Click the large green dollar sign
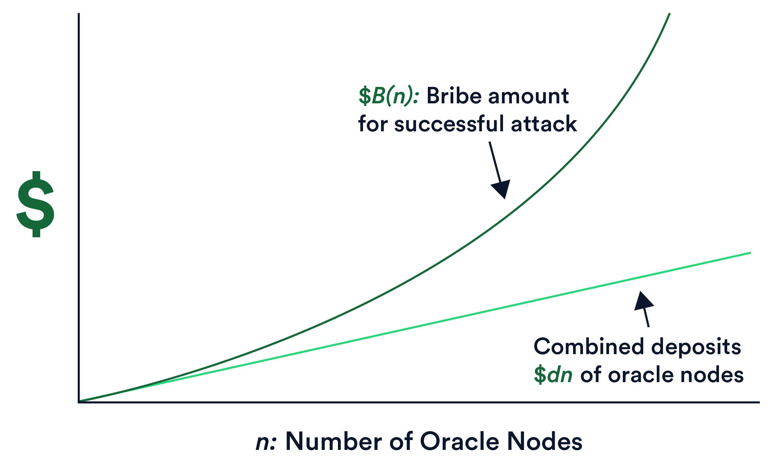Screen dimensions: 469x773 coord(36,204)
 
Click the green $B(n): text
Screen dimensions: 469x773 coord(389,96)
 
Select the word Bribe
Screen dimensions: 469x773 coord(454,96)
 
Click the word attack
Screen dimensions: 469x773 coord(544,124)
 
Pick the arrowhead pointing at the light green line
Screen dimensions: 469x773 coord(643,301)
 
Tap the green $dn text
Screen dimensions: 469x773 coord(553,375)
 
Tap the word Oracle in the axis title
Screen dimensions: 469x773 coord(460,441)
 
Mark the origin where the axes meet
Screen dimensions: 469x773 coord(79,402)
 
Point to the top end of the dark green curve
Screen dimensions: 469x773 coord(669,14)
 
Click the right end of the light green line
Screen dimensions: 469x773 coord(750,253)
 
